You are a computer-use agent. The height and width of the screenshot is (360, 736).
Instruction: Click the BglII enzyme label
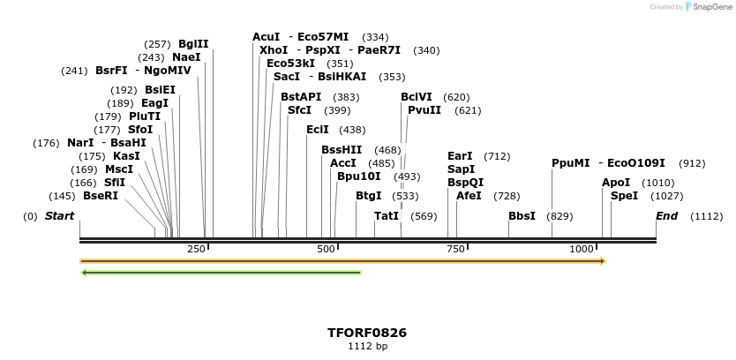(193, 43)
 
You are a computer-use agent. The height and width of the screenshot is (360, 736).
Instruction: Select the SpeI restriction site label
(624, 196)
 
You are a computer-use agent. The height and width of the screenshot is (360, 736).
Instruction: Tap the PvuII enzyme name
(424, 110)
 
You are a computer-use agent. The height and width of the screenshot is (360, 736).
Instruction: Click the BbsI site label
(522, 216)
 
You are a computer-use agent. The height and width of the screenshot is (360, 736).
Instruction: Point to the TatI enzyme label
(387, 216)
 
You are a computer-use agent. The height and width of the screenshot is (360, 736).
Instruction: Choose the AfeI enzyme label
(469, 196)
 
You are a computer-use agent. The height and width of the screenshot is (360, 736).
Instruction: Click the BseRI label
(101, 196)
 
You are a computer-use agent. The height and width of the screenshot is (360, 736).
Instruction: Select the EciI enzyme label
(317, 130)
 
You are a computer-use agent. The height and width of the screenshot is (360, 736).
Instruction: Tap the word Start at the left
(59, 216)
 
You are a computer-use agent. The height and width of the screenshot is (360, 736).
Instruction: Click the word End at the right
(666, 216)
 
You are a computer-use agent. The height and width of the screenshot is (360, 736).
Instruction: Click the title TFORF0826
(367, 333)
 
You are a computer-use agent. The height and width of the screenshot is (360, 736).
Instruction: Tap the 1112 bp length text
(367, 347)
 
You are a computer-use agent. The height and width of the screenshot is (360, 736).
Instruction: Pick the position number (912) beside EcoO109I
(692, 163)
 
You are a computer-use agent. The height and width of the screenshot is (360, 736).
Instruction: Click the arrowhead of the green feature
(84, 273)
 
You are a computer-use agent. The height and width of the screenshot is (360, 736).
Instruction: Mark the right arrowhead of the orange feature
(603, 261)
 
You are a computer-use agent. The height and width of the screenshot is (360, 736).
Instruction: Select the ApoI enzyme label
(616, 183)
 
